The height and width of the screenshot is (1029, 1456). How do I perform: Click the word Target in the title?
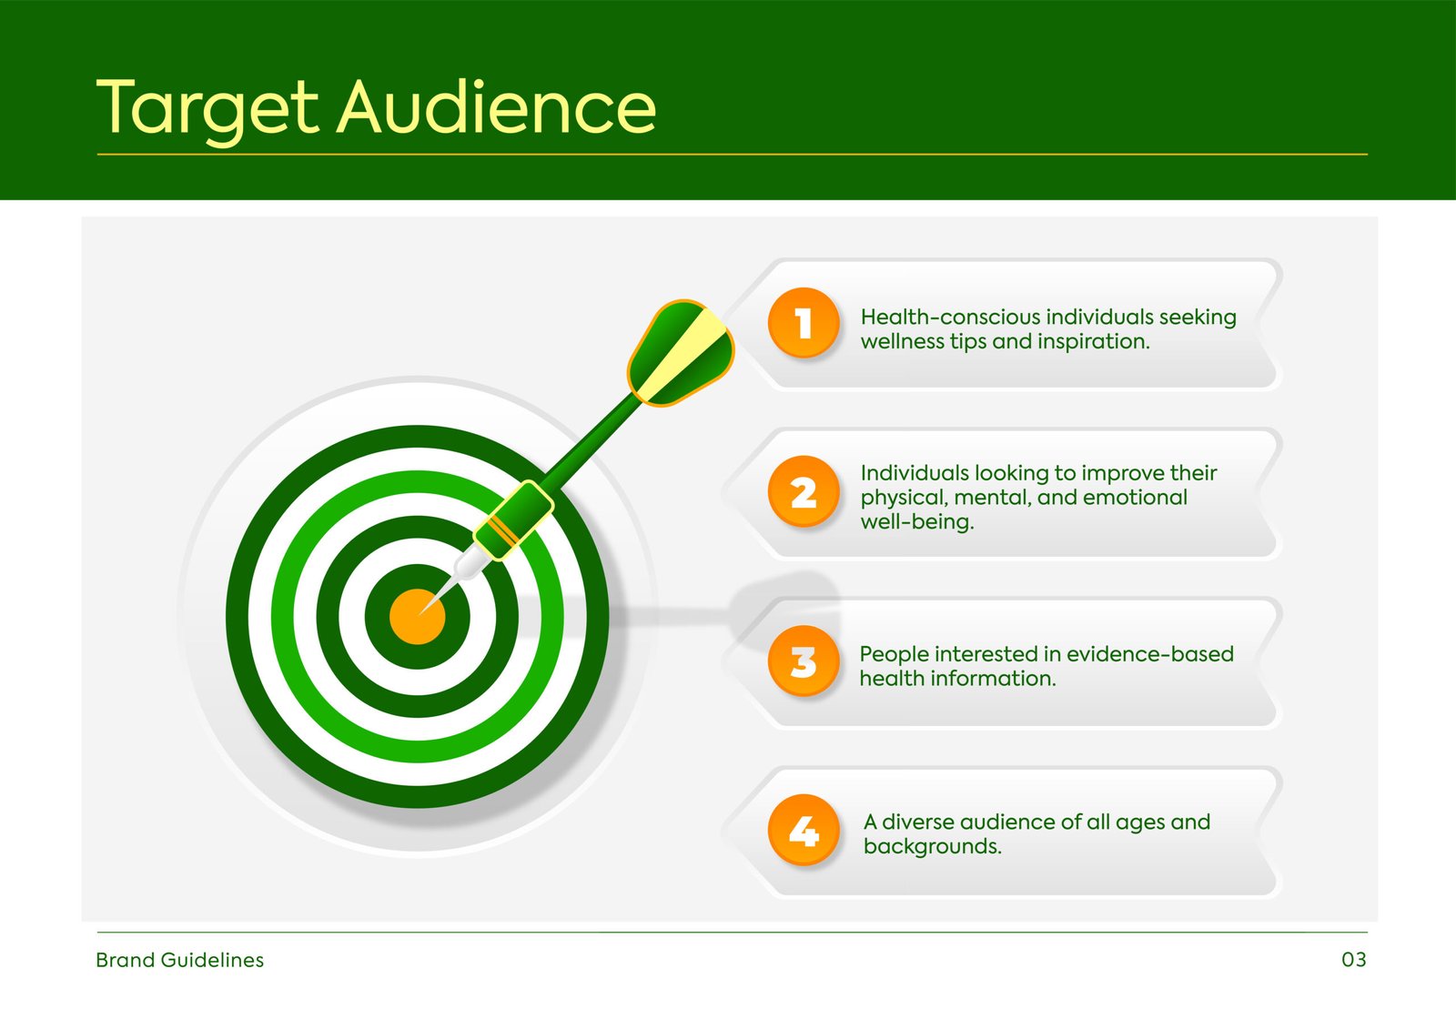[x=207, y=109]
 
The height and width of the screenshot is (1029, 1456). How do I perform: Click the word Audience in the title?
[x=496, y=106]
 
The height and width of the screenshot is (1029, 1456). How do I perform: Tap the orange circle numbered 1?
[x=804, y=322]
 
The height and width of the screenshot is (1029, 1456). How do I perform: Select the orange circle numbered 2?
[x=804, y=491]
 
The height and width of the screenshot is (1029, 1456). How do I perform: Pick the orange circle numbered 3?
[x=804, y=661]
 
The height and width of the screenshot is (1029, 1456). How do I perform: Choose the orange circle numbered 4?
[x=804, y=830]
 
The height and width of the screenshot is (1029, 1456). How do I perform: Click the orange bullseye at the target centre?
[x=418, y=616]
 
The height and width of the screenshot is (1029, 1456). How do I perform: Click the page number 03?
[x=1354, y=960]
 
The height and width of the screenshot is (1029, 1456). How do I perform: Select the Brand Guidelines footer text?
[x=179, y=960]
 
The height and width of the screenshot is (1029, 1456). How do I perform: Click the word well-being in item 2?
[x=917, y=521]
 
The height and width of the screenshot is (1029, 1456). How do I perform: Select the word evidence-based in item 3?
[x=1150, y=653]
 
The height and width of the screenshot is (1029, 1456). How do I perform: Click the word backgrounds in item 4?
[x=932, y=846]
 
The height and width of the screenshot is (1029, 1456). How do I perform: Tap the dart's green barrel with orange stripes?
[x=513, y=520]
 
